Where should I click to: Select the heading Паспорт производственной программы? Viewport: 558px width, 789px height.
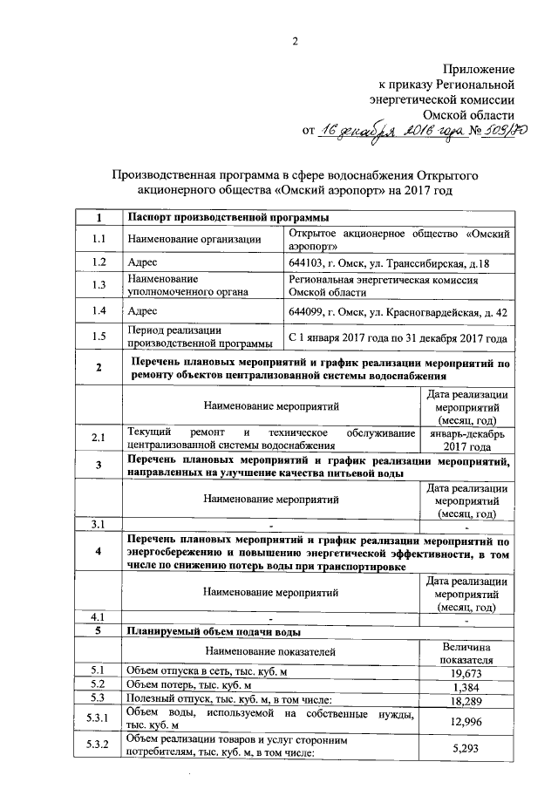216,217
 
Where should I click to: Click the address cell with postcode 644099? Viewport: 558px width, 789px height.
398,310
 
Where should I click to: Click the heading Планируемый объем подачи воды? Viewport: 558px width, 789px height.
214,630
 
